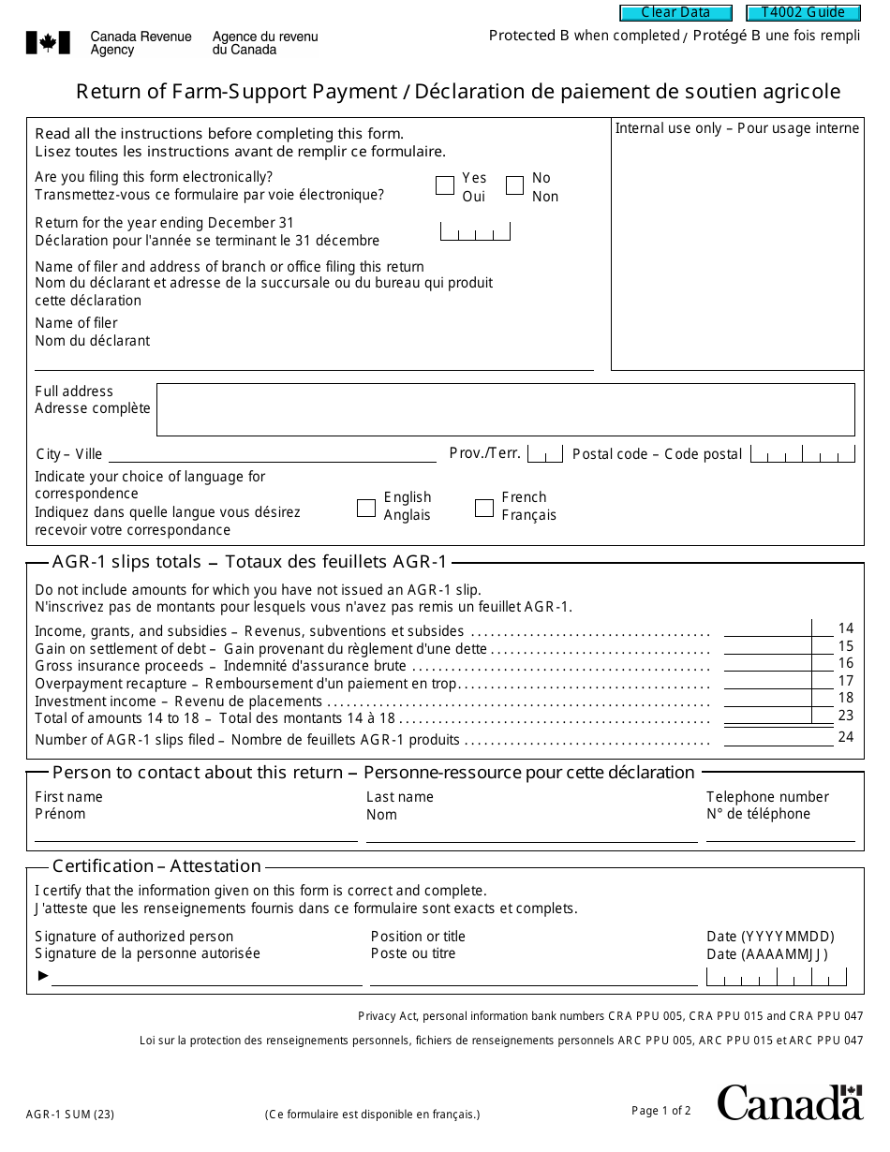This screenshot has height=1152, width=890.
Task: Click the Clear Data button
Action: [676, 13]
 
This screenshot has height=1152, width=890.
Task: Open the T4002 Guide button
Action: [803, 13]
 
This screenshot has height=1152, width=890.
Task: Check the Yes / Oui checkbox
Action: [445, 185]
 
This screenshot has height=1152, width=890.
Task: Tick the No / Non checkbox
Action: [514, 185]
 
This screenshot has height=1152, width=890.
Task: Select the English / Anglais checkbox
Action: [366, 508]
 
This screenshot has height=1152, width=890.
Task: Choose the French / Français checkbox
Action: [484, 508]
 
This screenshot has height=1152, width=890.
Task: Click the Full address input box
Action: [505, 409]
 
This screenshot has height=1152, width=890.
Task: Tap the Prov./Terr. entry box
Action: [544, 454]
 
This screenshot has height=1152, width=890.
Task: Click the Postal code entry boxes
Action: [804, 455]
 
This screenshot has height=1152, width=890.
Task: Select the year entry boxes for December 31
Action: [475, 231]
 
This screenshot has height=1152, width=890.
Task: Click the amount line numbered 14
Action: [768, 629]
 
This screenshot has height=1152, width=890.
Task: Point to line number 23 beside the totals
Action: [846, 716]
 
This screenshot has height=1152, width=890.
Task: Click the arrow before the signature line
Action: [42, 976]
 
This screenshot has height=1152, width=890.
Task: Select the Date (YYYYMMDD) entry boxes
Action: [776, 977]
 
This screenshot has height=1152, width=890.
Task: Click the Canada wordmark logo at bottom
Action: [790, 1102]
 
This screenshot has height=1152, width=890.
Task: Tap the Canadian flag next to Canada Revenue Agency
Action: [48, 42]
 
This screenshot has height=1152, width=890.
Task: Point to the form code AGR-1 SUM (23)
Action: [70, 1115]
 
